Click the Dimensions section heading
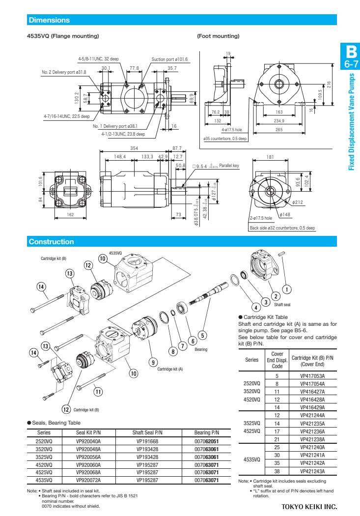click(x=49, y=20)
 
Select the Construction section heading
click(x=51, y=242)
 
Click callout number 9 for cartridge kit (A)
click(x=153, y=362)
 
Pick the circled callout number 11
click(x=98, y=392)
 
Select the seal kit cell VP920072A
click(x=88, y=480)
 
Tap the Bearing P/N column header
click(x=206, y=433)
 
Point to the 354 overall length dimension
click(x=134, y=148)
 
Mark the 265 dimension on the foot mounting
click(x=279, y=130)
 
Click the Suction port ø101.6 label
click(x=169, y=59)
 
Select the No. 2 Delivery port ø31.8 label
click(x=64, y=72)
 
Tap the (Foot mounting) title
click(x=218, y=36)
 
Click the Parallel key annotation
click(x=229, y=166)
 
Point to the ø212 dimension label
click(x=297, y=202)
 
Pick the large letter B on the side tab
click(x=351, y=52)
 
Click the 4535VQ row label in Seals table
click(x=44, y=480)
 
